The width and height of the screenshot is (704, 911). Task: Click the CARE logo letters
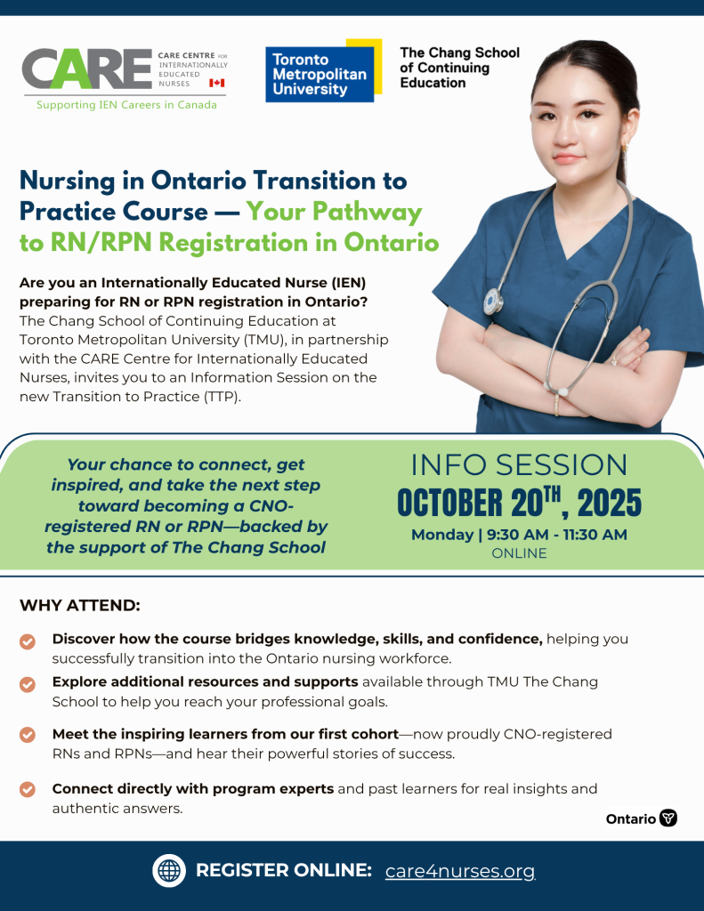86,69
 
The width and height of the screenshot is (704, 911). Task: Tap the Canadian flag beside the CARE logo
216,83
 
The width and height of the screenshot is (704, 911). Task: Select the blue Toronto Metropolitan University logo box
320,72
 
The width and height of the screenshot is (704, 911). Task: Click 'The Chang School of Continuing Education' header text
459,68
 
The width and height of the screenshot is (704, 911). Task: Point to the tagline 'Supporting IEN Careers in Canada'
126,105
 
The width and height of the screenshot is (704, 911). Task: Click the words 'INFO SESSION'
519,464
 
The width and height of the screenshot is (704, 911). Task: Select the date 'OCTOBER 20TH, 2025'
519,503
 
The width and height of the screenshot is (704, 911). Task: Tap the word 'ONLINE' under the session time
519,553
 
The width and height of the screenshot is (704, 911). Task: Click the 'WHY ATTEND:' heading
80,606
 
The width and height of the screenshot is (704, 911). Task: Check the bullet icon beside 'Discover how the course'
28,641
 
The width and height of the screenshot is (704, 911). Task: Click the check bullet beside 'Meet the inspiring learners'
28,736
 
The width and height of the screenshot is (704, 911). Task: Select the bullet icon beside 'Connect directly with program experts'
28,789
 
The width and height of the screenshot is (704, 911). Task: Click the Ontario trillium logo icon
668,818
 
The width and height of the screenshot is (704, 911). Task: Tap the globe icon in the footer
168,871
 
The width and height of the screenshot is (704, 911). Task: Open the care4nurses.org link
460,871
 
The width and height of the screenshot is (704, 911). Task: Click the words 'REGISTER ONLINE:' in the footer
283,871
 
